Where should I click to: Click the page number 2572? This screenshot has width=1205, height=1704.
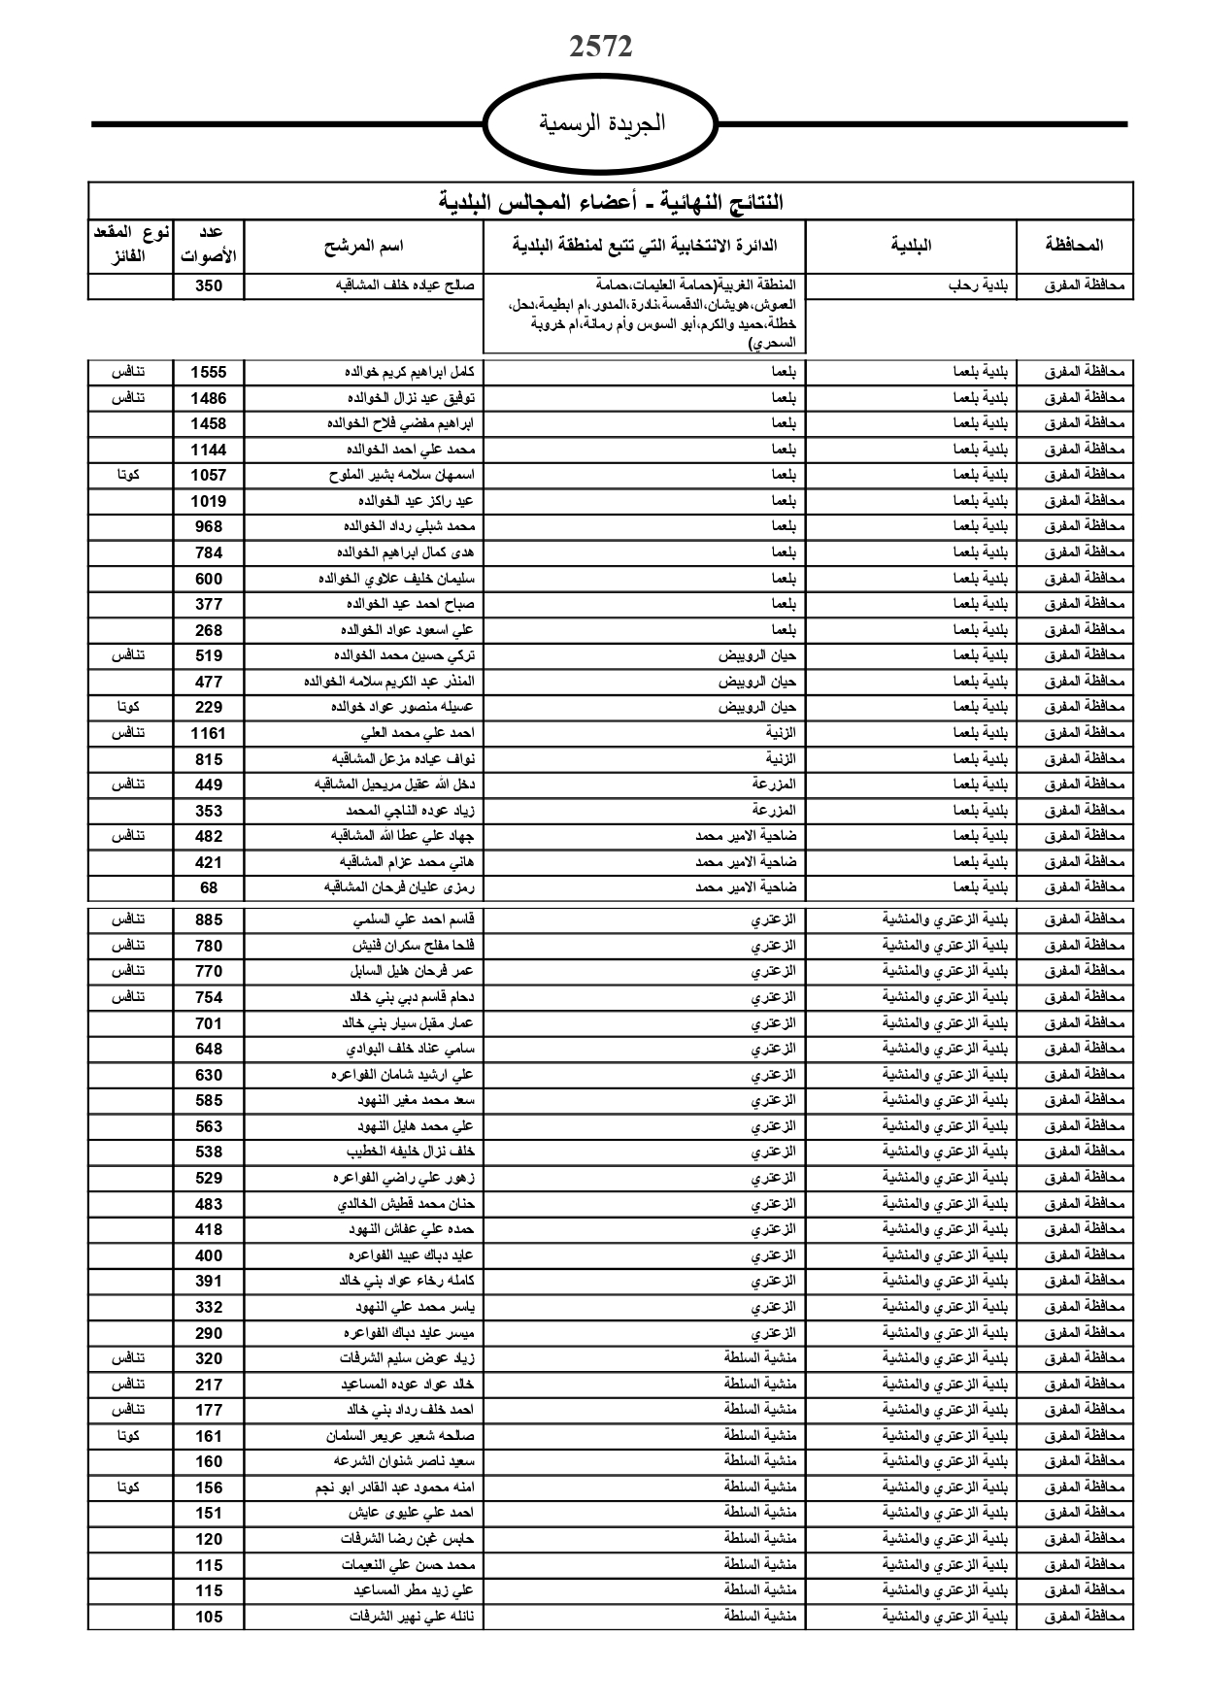click(x=601, y=48)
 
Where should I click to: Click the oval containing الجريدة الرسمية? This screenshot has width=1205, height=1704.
click(x=601, y=123)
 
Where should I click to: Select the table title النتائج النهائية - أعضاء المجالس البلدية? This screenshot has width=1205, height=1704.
click(x=611, y=202)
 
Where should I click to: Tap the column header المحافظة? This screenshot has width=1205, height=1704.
click(x=1074, y=247)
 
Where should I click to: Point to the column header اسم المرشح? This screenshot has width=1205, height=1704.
click(x=363, y=247)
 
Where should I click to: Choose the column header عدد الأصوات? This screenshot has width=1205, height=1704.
click(x=209, y=247)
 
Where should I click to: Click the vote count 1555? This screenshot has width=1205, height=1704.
click(x=208, y=372)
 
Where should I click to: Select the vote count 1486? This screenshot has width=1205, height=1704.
click(x=208, y=398)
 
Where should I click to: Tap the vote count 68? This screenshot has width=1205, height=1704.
click(x=208, y=887)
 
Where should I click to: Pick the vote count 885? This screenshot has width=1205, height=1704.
click(x=208, y=919)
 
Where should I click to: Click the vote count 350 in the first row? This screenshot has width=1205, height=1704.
click(x=208, y=285)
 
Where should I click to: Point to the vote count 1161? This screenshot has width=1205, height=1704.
click(x=208, y=733)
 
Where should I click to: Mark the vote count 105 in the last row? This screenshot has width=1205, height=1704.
click(x=208, y=1617)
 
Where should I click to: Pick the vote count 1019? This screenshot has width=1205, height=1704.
click(x=208, y=501)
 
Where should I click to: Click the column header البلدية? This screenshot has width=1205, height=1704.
click(x=911, y=247)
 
